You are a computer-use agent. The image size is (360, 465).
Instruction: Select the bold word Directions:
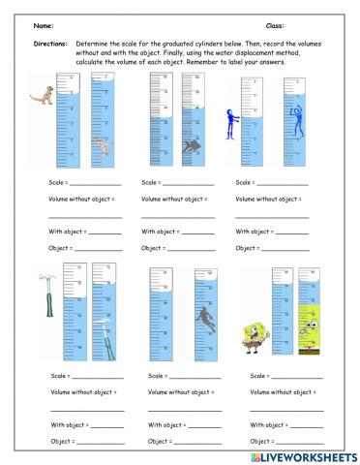[x=48, y=44]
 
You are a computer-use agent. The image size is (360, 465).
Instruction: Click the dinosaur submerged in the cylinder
[x=103, y=146]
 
